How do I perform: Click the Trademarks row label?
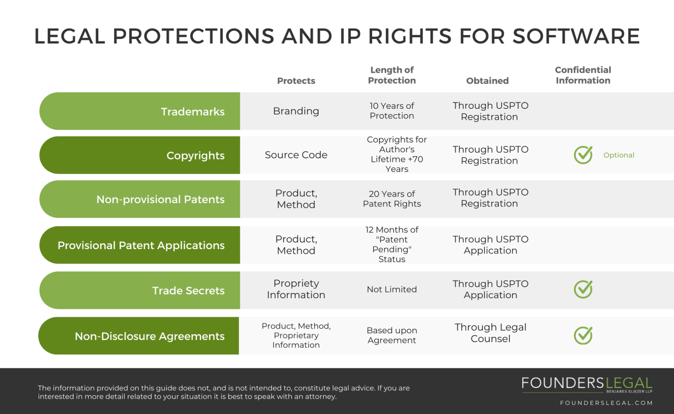tap(193, 112)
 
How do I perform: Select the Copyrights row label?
tap(195, 156)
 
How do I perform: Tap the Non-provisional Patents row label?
tap(160, 200)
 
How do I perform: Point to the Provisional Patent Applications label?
tap(141, 246)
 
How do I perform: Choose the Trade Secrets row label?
tap(188, 291)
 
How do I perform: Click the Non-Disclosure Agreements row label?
tap(150, 336)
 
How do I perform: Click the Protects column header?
tap(296, 81)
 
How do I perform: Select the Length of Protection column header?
tap(392, 75)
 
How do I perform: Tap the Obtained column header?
tap(488, 81)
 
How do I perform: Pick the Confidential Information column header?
tap(583, 75)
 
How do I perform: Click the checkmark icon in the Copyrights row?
tap(583, 155)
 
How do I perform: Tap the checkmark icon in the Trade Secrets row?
tap(583, 289)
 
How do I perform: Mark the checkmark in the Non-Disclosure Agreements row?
tap(583, 335)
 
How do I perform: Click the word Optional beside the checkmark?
tap(619, 155)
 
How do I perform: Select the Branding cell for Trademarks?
tap(296, 111)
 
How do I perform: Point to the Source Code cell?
tap(296, 155)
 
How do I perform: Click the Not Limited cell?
tap(392, 289)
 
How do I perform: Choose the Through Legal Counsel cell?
tap(491, 333)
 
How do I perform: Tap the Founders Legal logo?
tap(587, 384)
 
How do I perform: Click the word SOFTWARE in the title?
tap(576, 36)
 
